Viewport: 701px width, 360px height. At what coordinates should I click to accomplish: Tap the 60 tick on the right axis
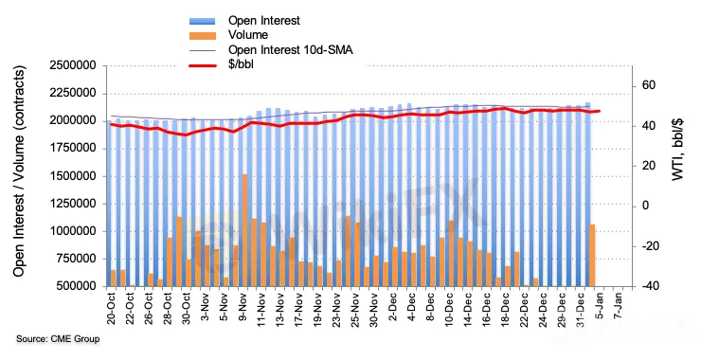[x=649, y=85]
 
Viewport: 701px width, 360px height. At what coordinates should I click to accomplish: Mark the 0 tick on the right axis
[x=645, y=207]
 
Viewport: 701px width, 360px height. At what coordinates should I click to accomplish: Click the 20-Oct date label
[x=112, y=308]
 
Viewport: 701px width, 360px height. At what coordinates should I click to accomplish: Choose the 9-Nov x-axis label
[x=243, y=310]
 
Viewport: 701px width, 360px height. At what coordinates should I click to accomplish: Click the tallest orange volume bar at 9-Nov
[x=244, y=230]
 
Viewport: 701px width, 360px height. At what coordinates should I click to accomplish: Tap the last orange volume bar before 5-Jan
[x=592, y=256]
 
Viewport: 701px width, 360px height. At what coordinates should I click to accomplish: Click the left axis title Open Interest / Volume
[x=19, y=171]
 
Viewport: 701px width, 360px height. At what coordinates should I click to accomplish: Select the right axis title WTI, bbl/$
[x=678, y=150]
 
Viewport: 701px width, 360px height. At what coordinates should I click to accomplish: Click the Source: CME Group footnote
[x=58, y=339]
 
